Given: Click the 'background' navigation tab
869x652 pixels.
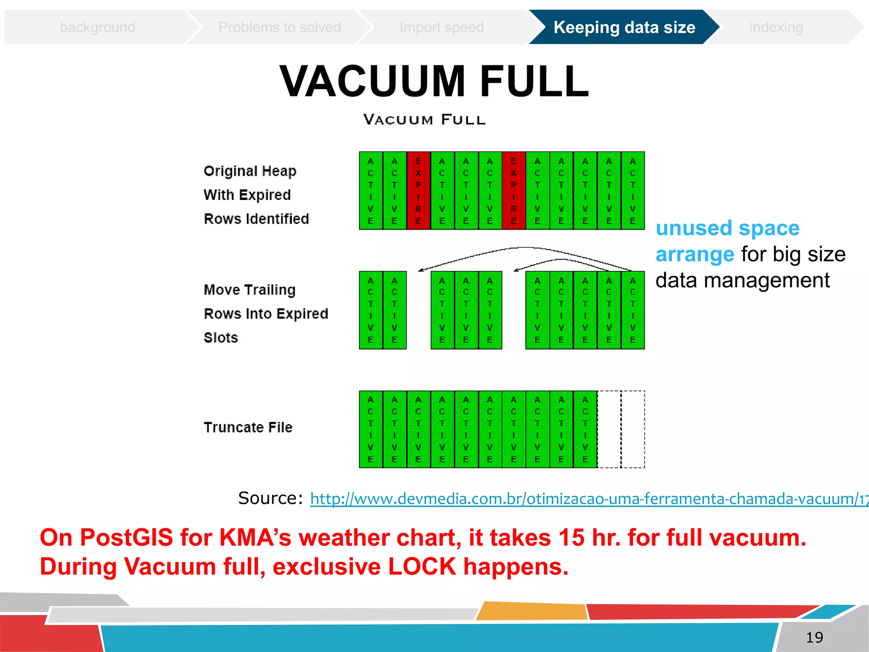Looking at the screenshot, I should pos(98,28).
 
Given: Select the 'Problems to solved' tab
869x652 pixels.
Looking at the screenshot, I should pos(280,28).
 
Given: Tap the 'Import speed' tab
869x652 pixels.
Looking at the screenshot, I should pos(442,28).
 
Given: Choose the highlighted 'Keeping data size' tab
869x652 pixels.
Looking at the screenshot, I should pos(624,28).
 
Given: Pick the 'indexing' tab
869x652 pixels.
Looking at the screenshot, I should pos(776,28).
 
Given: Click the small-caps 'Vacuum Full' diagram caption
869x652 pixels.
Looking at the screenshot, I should pos(424,120).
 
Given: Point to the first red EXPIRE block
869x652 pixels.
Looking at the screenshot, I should pos(418,191).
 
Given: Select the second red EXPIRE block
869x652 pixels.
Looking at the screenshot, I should pos(513,191).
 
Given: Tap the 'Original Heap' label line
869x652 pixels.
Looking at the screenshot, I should pos(250,171).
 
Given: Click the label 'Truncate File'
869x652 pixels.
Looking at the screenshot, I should pos(248,427).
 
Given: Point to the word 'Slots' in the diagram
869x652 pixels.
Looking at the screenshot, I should pos(221,338).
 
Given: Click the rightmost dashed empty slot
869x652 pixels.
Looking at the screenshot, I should pos(633,429).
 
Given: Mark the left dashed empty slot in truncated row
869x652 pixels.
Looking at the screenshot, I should pos(609,429).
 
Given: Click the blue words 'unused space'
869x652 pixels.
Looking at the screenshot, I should pos(728,228).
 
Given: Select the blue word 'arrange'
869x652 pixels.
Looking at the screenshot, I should pos(695,255).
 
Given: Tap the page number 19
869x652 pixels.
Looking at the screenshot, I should pos(814,637).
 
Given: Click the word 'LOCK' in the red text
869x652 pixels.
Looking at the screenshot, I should pos(422,567).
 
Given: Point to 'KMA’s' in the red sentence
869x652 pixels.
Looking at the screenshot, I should pos(255,537).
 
